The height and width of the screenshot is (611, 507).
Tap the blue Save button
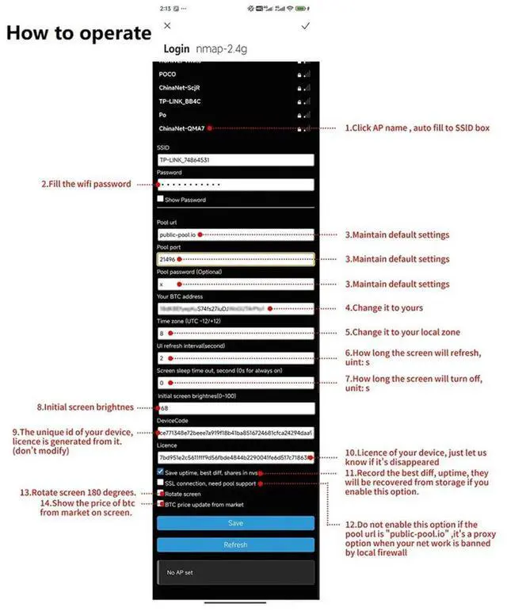[x=235, y=523]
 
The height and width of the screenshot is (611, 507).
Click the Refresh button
[x=235, y=544]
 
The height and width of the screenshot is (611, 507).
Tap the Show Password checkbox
[x=161, y=200]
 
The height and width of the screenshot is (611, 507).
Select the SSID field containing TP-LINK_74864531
[x=235, y=160]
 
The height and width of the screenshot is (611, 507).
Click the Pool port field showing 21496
[x=235, y=259]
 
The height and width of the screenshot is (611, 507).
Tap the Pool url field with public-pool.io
[x=235, y=235]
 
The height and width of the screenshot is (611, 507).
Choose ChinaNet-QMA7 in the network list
[x=182, y=128]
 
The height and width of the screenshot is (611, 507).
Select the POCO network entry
[x=168, y=74]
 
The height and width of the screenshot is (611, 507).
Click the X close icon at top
[x=166, y=26]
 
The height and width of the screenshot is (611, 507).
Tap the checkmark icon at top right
[x=306, y=26]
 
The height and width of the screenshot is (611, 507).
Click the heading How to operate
[x=78, y=34]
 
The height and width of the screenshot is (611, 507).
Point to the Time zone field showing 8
[x=235, y=334]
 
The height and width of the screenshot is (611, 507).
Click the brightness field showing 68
[x=235, y=408]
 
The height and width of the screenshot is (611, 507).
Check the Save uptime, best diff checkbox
[x=161, y=471]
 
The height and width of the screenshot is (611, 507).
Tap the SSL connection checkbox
[x=161, y=482]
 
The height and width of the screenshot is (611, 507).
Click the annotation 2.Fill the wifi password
[x=86, y=184]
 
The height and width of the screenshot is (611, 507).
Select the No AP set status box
[x=235, y=572]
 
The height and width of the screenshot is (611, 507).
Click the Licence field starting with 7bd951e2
[x=235, y=457]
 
